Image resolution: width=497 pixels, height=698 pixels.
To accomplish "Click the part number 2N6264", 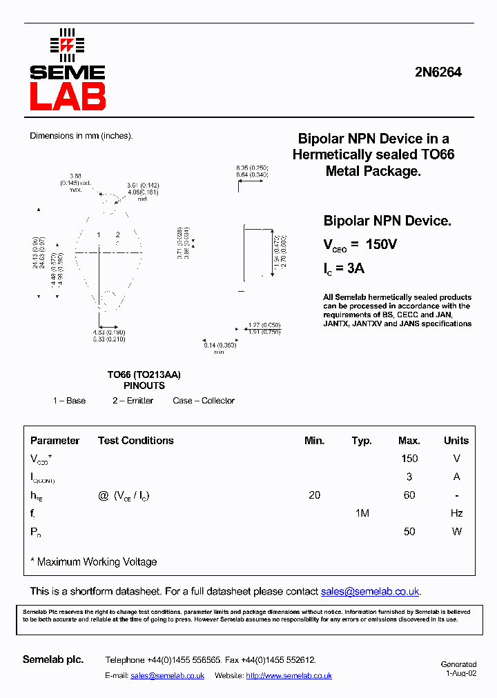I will point(438,72).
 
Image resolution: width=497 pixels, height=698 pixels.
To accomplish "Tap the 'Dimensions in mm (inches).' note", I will point(81,136).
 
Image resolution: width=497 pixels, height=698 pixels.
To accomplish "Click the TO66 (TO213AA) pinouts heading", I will point(144,380).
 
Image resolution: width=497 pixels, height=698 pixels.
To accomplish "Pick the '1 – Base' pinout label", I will point(69,401).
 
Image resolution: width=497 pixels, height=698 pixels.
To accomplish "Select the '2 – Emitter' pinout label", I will point(133,401).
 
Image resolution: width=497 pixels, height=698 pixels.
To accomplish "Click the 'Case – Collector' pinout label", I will point(204,401).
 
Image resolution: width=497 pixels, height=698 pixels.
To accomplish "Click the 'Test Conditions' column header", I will point(135,441).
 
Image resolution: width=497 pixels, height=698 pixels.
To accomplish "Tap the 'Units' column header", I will point(456,441).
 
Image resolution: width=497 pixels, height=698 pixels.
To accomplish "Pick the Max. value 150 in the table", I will point(409,459).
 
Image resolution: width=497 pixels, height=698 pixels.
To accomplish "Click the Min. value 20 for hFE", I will point(314,495).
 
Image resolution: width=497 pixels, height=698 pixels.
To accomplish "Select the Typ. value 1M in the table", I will point(362,513).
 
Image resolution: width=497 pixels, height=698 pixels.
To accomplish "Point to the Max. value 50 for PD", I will point(409,532).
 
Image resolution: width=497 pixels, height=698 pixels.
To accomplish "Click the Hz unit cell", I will point(456,513).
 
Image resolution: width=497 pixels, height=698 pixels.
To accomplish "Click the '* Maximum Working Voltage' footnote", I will point(94,562).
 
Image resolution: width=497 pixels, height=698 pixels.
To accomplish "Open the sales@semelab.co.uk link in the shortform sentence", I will point(370,592).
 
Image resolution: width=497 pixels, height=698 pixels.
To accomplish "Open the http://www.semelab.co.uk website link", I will point(289,676).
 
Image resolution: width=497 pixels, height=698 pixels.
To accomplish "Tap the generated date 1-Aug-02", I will point(460,674).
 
